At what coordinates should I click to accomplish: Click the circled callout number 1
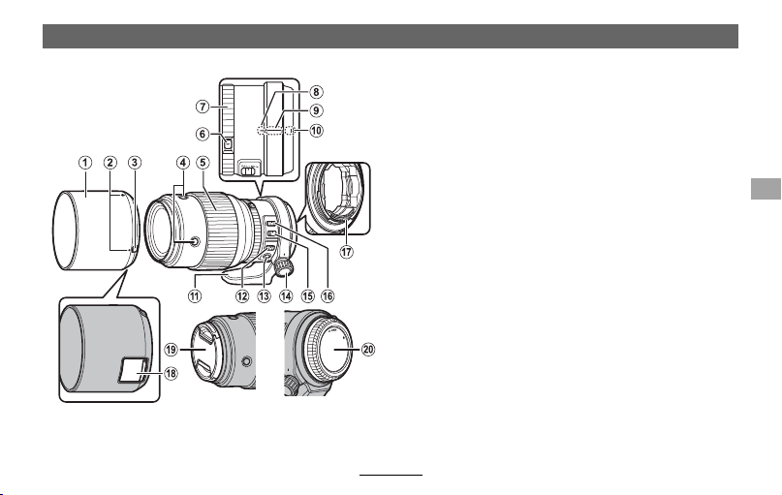(x=85, y=163)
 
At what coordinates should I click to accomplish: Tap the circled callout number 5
(x=203, y=163)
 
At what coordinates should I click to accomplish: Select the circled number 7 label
(x=202, y=107)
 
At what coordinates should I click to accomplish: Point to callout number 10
(x=316, y=131)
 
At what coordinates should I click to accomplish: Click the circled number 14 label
(x=286, y=296)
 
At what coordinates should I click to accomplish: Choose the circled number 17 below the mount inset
(x=347, y=252)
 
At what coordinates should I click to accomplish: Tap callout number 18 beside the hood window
(x=171, y=373)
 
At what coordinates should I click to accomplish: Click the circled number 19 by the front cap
(x=171, y=350)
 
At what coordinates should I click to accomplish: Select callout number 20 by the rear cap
(x=368, y=350)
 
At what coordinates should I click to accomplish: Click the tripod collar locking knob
(x=285, y=268)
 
